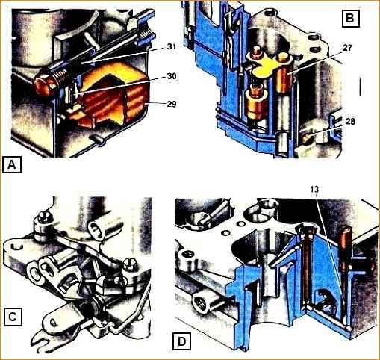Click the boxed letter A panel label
[12, 164]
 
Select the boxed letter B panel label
[351, 18]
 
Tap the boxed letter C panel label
[13, 317]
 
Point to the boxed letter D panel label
[182, 341]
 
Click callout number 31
[170, 47]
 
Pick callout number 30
[172, 76]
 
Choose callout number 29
[172, 104]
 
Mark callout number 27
[347, 48]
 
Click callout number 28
[350, 122]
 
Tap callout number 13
[314, 190]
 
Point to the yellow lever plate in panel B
[264, 66]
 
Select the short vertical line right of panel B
[360, 86]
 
